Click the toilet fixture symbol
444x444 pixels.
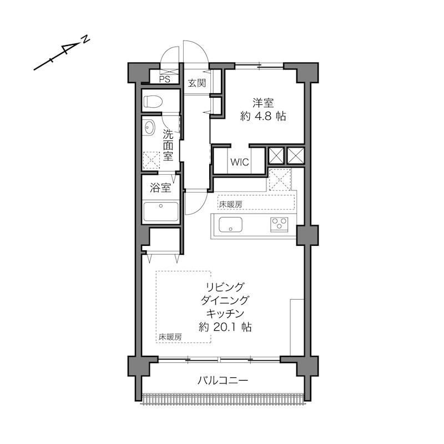153,101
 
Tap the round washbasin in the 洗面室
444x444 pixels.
149,128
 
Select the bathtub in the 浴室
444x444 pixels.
161,211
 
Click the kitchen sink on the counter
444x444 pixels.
230,225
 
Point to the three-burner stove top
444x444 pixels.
279,225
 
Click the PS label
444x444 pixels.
164,79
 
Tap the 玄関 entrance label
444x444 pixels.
197,83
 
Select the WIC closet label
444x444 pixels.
240,162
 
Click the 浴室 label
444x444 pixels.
160,188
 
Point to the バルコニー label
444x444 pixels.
223,380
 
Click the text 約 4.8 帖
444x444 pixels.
263,116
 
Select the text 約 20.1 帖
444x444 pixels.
225,327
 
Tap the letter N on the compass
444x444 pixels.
85,39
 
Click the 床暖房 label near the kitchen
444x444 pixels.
230,204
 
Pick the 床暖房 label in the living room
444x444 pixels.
170,337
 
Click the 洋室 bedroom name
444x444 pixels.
263,103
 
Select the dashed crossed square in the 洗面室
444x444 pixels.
151,160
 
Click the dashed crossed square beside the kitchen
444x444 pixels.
280,179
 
